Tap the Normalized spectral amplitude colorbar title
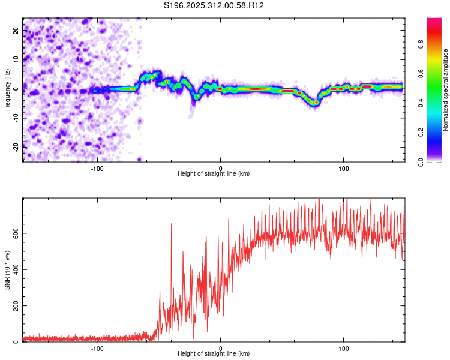tap(446, 90)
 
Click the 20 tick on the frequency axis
tap(16, 29)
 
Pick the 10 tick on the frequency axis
tap(16, 59)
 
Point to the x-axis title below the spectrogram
tap(214, 174)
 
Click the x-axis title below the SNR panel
tap(214, 354)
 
